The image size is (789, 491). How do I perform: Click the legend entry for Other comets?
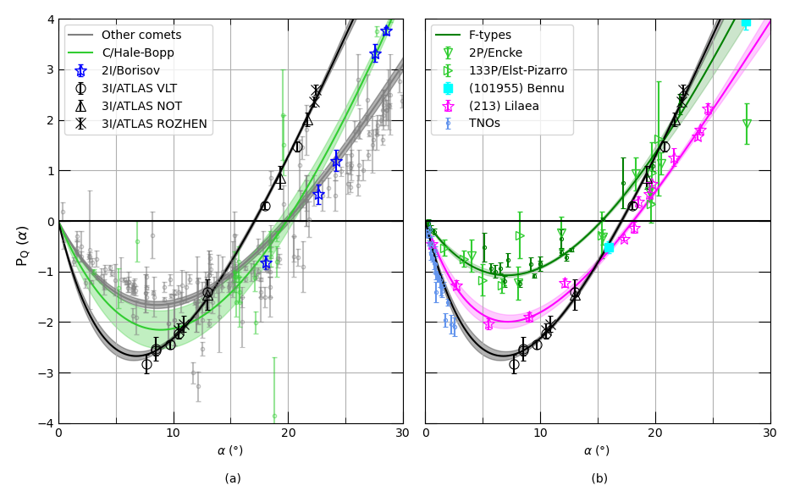click(141, 35)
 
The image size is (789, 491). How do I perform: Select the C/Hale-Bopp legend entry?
click(137, 52)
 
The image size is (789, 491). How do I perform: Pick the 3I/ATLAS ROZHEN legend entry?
click(153, 124)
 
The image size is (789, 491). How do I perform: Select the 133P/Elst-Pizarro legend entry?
click(517, 70)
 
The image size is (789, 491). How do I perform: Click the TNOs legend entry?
click(484, 124)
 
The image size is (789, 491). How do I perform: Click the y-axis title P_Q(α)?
click(23, 245)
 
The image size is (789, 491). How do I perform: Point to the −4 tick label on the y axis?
click(47, 423)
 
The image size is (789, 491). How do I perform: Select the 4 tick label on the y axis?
click(50, 19)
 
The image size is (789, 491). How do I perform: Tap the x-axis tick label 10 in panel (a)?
click(173, 433)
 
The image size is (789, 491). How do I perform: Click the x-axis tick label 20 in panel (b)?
click(655, 433)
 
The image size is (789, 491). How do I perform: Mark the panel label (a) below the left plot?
click(233, 478)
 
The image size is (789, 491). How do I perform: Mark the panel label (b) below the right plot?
click(599, 478)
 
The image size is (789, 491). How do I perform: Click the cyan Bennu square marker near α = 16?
click(609, 247)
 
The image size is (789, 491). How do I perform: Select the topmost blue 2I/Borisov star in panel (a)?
click(386, 30)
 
